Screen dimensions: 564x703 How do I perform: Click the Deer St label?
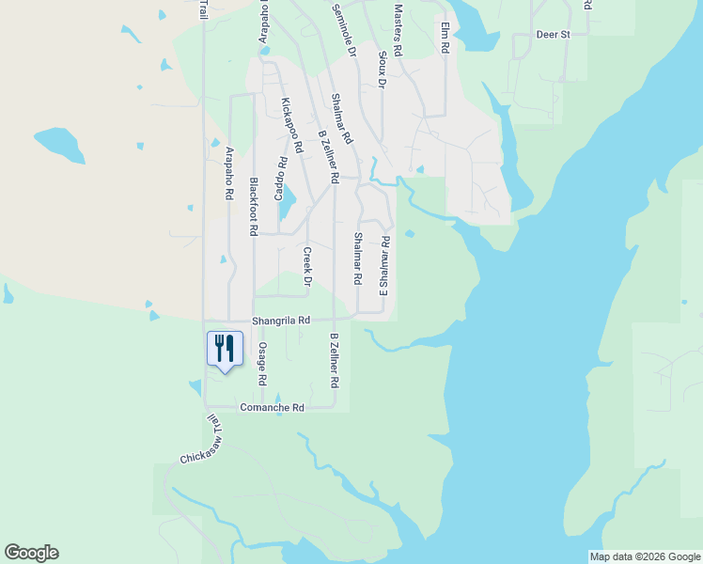pos(554,35)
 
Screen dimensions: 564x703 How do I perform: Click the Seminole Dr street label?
pos(345,30)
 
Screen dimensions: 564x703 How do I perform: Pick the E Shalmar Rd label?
pos(383,266)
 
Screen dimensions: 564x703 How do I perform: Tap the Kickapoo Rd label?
pos(291,125)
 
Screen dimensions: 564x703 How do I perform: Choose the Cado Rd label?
pos(279,178)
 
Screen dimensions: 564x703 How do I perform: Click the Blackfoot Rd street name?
pos(253,206)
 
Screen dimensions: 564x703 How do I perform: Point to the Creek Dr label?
pos(306,266)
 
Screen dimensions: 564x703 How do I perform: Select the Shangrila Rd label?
pos(274,321)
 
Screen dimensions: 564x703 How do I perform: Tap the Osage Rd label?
pos(262,364)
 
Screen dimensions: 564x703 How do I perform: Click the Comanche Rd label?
pos(273,408)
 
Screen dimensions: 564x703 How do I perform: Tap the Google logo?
pos(31,553)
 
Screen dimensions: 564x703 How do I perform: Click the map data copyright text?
pos(644,556)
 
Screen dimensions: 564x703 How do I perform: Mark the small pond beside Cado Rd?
pos(289,200)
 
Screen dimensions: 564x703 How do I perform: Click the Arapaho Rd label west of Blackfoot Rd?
pos(229,173)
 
